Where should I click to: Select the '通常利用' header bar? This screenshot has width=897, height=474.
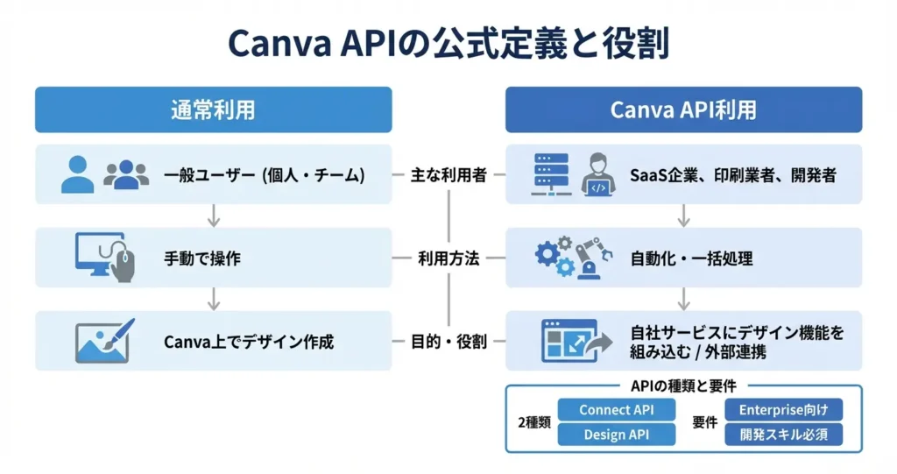[x=213, y=110]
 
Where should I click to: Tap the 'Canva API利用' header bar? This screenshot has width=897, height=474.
[x=683, y=110]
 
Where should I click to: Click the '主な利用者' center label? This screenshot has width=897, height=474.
[x=448, y=175]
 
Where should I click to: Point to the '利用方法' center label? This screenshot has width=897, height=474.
[x=448, y=258]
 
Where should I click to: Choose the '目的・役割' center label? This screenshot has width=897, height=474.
[x=448, y=342]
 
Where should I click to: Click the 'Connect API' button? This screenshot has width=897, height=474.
[x=617, y=410]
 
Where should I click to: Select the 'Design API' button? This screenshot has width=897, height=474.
[x=617, y=435]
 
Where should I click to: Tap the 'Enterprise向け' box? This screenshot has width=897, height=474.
[x=784, y=410]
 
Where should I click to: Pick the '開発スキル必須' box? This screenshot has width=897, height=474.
[x=784, y=435]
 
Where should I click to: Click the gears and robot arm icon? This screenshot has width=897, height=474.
[x=569, y=258]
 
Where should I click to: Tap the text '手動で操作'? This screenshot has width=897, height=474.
[x=202, y=259]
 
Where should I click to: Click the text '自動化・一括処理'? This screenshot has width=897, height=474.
[x=692, y=259]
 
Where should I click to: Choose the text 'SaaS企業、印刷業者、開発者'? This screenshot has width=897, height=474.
[x=732, y=175]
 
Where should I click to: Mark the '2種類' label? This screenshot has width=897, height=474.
[x=533, y=422]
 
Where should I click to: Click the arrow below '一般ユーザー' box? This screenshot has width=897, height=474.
[x=213, y=216]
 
